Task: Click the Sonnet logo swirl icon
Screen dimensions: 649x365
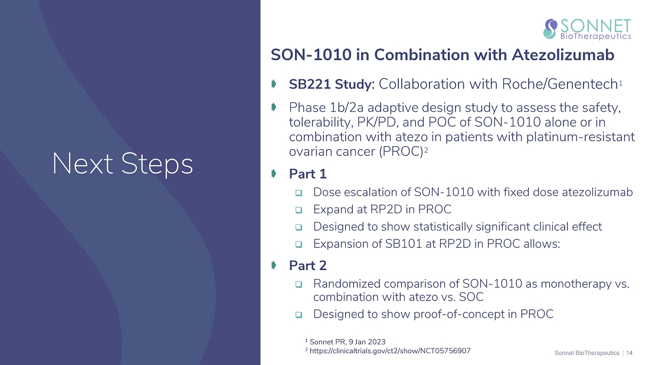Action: tap(550, 29)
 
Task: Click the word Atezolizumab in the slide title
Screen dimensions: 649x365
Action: tap(563, 55)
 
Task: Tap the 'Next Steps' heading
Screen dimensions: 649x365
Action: tap(123, 164)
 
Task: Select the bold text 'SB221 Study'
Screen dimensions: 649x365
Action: tap(332, 84)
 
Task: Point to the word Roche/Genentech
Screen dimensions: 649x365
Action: tap(560, 84)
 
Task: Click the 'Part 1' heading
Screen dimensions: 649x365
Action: tap(307, 174)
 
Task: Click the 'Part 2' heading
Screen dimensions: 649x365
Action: tap(307, 266)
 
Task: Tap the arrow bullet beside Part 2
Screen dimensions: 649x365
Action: tap(274, 265)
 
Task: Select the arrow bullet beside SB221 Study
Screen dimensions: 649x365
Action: tap(274, 84)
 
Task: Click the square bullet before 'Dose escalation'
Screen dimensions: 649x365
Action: tap(299, 193)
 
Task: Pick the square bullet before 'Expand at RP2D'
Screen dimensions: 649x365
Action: tap(299, 211)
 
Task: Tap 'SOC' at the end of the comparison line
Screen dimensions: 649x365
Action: tap(471, 297)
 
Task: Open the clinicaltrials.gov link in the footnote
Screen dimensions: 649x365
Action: tap(390, 351)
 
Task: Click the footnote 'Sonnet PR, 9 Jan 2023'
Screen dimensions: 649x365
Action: tap(348, 342)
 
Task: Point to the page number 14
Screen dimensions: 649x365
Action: tap(629, 353)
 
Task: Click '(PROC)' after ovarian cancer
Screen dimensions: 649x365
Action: tap(401, 152)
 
